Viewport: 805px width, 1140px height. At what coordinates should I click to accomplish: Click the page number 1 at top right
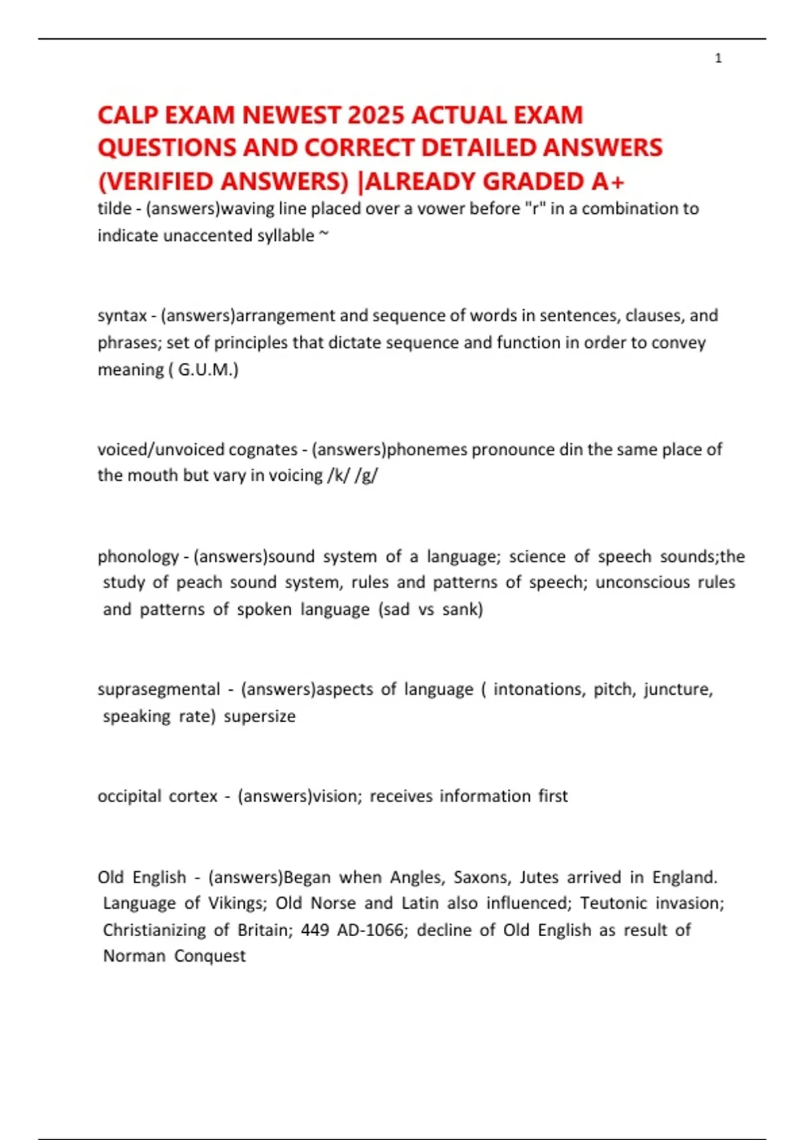pos(718,58)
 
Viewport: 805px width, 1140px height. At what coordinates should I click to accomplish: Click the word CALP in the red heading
pos(128,115)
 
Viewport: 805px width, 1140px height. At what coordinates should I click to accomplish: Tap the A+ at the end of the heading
pos(608,182)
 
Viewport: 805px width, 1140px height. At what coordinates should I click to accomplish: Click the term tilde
pos(114,209)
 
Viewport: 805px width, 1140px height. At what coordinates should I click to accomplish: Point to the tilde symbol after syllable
pos(324,234)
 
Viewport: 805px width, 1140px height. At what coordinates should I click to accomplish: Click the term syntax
pos(122,315)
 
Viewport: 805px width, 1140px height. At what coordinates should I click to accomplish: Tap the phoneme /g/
pos(367,475)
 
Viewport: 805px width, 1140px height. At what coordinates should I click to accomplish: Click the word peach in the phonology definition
pos(199,582)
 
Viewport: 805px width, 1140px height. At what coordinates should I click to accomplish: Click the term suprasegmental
pos(158,689)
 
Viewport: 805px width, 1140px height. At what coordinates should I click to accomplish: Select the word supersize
pos(260,716)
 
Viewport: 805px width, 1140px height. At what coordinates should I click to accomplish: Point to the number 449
pos(315,930)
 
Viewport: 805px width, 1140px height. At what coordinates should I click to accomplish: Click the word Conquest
pos(210,956)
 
